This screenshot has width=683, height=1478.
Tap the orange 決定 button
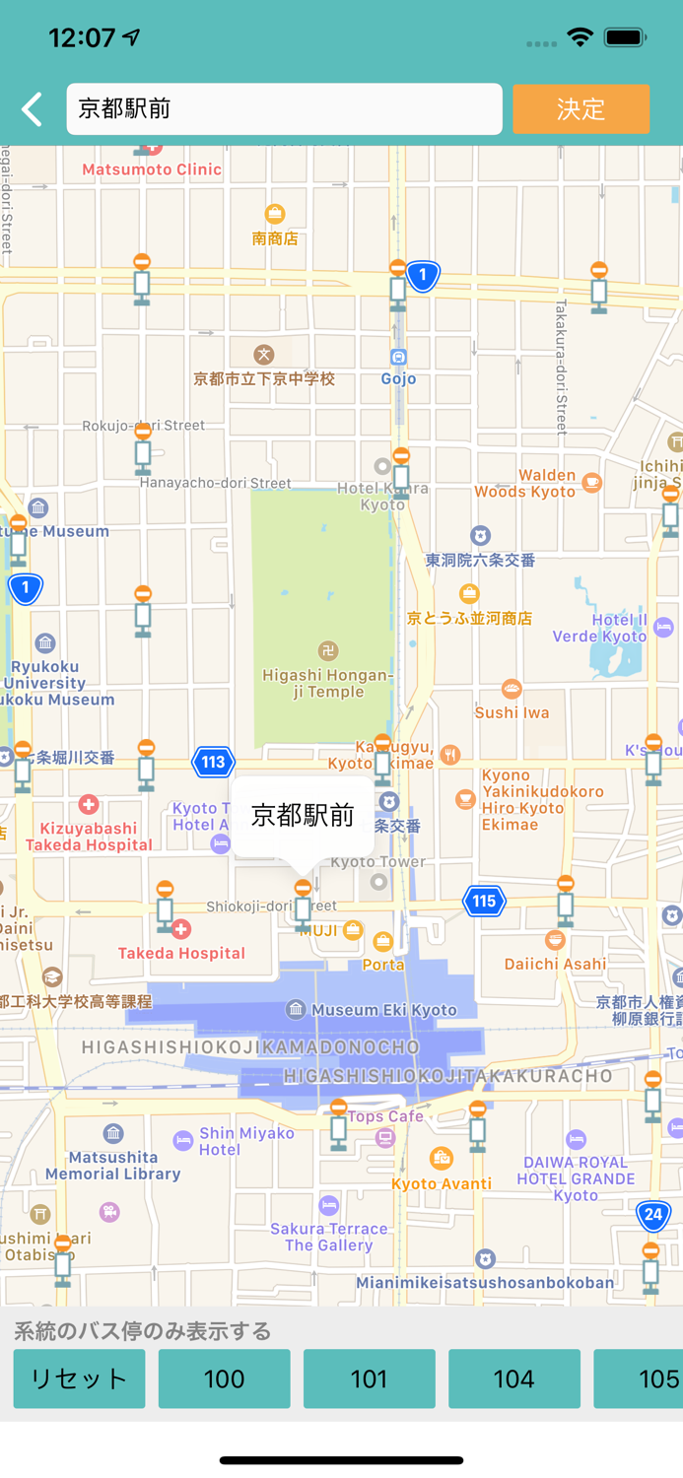point(581,108)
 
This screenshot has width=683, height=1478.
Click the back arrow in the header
point(33,108)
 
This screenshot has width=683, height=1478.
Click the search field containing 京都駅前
point(284,108)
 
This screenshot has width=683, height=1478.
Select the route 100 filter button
point(224,1378)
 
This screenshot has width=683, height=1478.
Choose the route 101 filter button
point(369,1378)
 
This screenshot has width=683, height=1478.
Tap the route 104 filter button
point(513,1378)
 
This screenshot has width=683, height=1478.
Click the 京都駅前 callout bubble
point(303,815)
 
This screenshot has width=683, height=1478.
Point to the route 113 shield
point(213,762)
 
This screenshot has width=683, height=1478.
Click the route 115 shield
point(484,901)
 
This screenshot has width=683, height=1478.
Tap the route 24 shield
point(653,1215)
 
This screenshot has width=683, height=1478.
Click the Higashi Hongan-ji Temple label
point(328,683)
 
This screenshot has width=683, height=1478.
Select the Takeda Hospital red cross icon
point(180,929)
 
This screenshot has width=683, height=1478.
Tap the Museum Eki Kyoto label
point(384,1010)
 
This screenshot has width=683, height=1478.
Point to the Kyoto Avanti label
point(442,1183)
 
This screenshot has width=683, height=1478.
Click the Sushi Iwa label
point(512,711)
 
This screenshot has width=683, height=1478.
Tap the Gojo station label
point(398,378)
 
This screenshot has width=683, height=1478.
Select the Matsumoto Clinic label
point(152,169)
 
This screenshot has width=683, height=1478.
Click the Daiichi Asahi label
point(555,964)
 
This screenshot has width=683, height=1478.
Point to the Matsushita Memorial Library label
point(112,1165)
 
